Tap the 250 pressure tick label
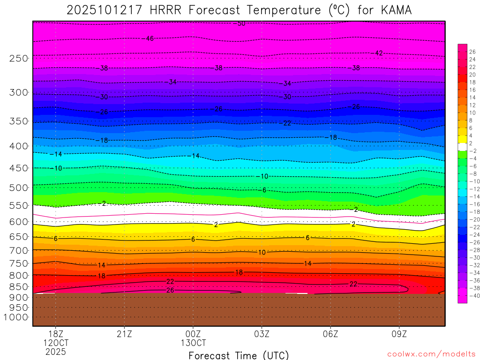coord(19,58)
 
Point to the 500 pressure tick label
coord(19,187)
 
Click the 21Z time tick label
coord(124,334)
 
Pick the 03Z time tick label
coord(262,334)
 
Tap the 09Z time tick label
coord(399,334)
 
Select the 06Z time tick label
coord(330,334)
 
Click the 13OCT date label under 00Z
coord(193,343)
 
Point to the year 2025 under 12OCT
coord(55,352)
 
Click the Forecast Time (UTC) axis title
coord(239,355)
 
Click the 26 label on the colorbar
coord(472,52)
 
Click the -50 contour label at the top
coord(240,23)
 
